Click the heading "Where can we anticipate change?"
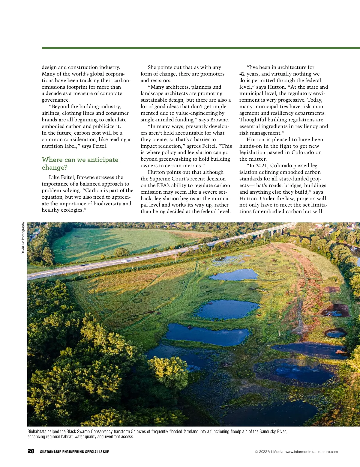pyautogui.click(x=80, y=163)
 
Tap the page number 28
pyautogui.click(x=31, y=451)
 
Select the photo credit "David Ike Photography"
pyautogui.click(x=23, y=238)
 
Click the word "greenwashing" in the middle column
pyautogui.click(x=175, y=159)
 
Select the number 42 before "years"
pyautogui.click(x=242, y=74)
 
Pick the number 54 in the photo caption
pyautogui.click(x=133, y=432)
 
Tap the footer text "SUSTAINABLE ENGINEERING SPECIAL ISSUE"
pyautogui.click(x=74, y=452)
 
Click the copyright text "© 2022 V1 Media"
pyautogui.click(x=269, y=452)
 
